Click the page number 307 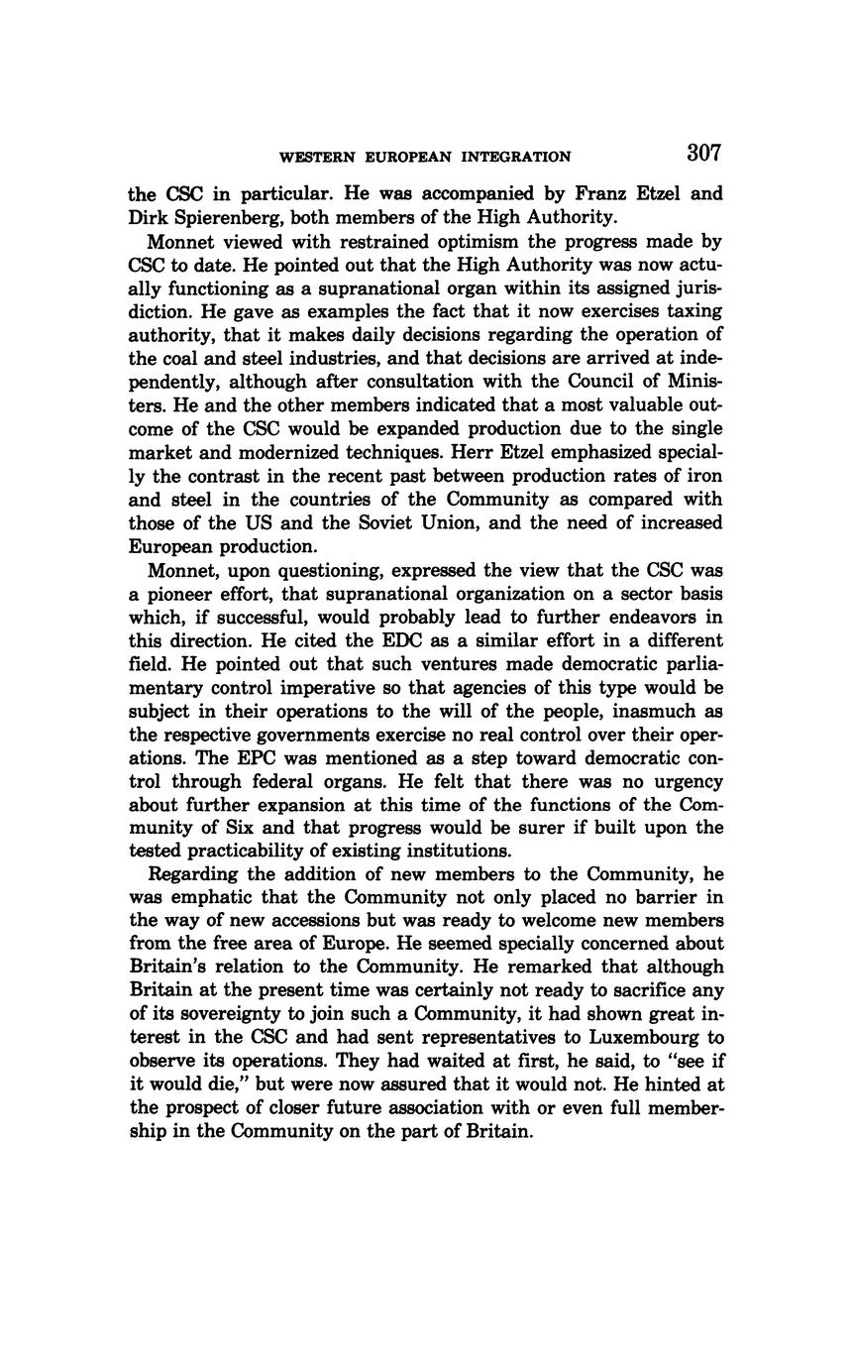tap(702, 153)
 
